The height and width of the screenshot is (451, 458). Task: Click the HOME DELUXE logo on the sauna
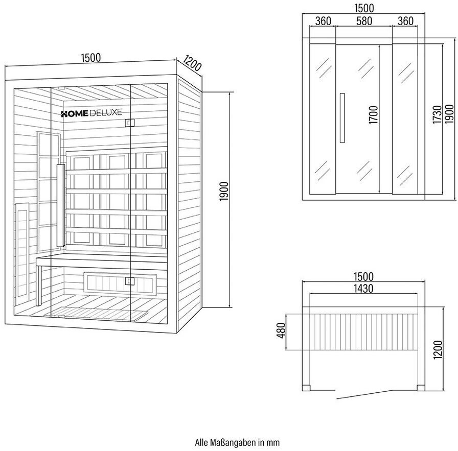[91, 113]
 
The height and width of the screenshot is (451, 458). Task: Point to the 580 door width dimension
[364, 21]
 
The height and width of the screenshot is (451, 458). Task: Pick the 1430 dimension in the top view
[363, 288]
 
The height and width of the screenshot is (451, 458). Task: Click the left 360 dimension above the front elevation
[323, 21]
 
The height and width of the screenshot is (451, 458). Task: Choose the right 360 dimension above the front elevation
[405, 21]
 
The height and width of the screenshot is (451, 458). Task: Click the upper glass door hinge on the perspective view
[129, 123]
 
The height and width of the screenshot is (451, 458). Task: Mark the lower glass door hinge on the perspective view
[129, 280]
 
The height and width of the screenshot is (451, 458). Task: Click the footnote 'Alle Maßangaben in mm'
[237, 442]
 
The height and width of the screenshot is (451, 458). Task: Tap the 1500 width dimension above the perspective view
[90, 58]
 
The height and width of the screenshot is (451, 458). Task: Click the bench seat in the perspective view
[102, 260]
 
